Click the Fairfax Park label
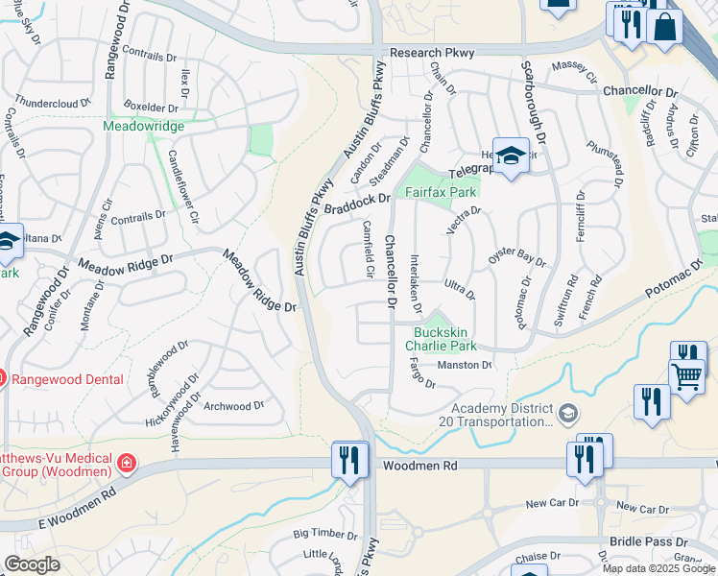[442, 192]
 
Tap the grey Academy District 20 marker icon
[569, 413]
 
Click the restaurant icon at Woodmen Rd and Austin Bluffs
[348, 460]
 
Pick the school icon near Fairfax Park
[512, 156]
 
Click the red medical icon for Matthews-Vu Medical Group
[125, 465]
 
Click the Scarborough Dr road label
[533, 107]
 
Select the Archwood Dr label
[233, 406]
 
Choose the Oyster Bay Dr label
[516, 256]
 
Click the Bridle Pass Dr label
[649, 542]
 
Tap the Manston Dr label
[465, 365]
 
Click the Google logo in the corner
[33, 564]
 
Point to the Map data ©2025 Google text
[658, 567]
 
